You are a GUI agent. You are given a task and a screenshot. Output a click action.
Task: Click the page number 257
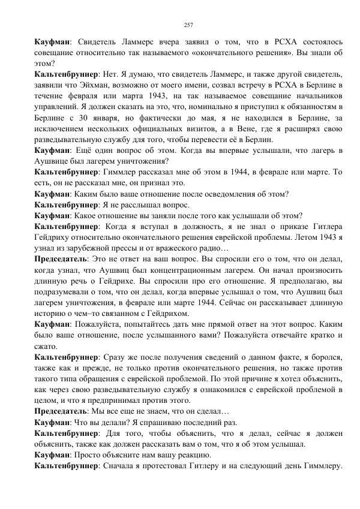188,25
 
